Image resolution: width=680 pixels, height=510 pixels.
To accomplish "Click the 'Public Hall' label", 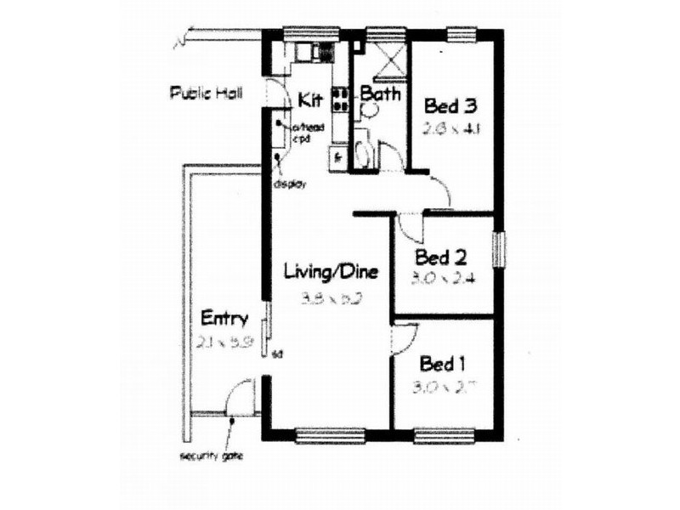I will (x=206, y=93).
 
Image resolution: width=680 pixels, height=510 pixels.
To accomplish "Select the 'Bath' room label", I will (x=380, y=93).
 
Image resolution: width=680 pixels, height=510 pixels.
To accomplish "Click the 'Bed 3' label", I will (x=450, y=107).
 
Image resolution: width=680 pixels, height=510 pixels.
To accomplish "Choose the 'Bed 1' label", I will (x=442, y=365).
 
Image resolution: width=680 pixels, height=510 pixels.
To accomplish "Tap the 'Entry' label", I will (x=224, y=320).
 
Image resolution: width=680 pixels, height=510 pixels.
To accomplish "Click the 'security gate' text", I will (x=212, y=456).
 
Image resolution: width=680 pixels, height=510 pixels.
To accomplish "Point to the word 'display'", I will (x=290, y=184).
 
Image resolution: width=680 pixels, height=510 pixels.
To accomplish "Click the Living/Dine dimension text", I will (x=330, y=298).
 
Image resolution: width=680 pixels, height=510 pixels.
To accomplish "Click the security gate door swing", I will (x=242, y=398).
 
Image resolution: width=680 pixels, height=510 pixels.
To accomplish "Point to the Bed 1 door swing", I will (x=400, y=341).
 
